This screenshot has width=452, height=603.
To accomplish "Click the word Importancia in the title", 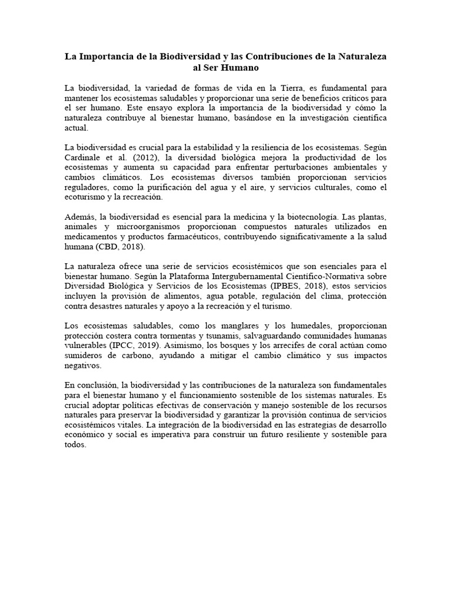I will click(x=107, y=57).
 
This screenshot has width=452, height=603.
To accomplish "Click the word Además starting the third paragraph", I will click(x=80, y=218).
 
